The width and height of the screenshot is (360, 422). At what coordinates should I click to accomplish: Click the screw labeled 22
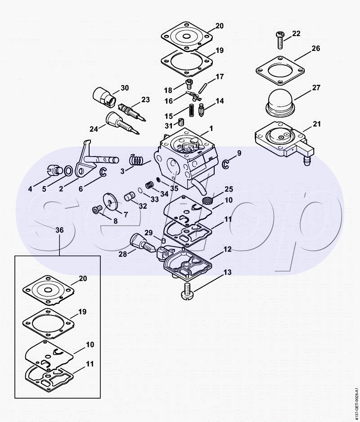click(x=280, y=40)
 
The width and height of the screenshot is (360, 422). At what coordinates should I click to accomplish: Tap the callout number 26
click(x=315, y=48)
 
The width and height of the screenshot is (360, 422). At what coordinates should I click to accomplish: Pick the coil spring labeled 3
click(x=136, y=159)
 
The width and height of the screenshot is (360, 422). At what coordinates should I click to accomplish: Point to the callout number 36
click(x=59, y=230)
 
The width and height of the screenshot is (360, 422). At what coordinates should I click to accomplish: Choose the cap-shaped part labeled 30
click(x=104, y=95)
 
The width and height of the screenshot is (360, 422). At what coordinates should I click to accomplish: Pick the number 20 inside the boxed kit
click(x=82, y=278)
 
